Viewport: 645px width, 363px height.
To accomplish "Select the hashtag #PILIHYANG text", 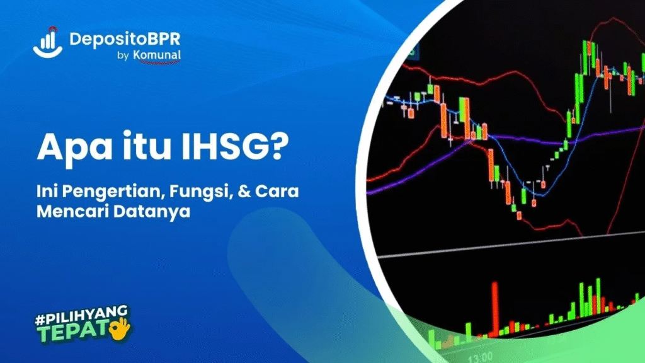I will click(x=81, y=314).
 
